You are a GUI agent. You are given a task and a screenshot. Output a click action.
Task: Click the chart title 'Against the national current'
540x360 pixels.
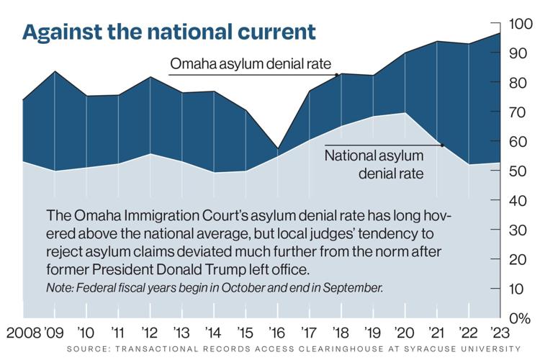[168, 32]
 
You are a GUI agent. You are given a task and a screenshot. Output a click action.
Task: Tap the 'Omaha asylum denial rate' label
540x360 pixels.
[250, 65]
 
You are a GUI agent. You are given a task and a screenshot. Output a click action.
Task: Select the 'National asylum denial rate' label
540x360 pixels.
[374, 163]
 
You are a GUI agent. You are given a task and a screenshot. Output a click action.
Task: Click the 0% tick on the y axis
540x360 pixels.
[520, 318]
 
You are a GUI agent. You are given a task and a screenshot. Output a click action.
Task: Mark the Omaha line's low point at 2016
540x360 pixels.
[276, 149]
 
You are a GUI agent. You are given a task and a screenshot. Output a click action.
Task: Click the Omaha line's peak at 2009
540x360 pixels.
[55, 72]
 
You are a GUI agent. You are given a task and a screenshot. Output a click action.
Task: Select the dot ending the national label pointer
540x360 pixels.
[442, 145]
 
